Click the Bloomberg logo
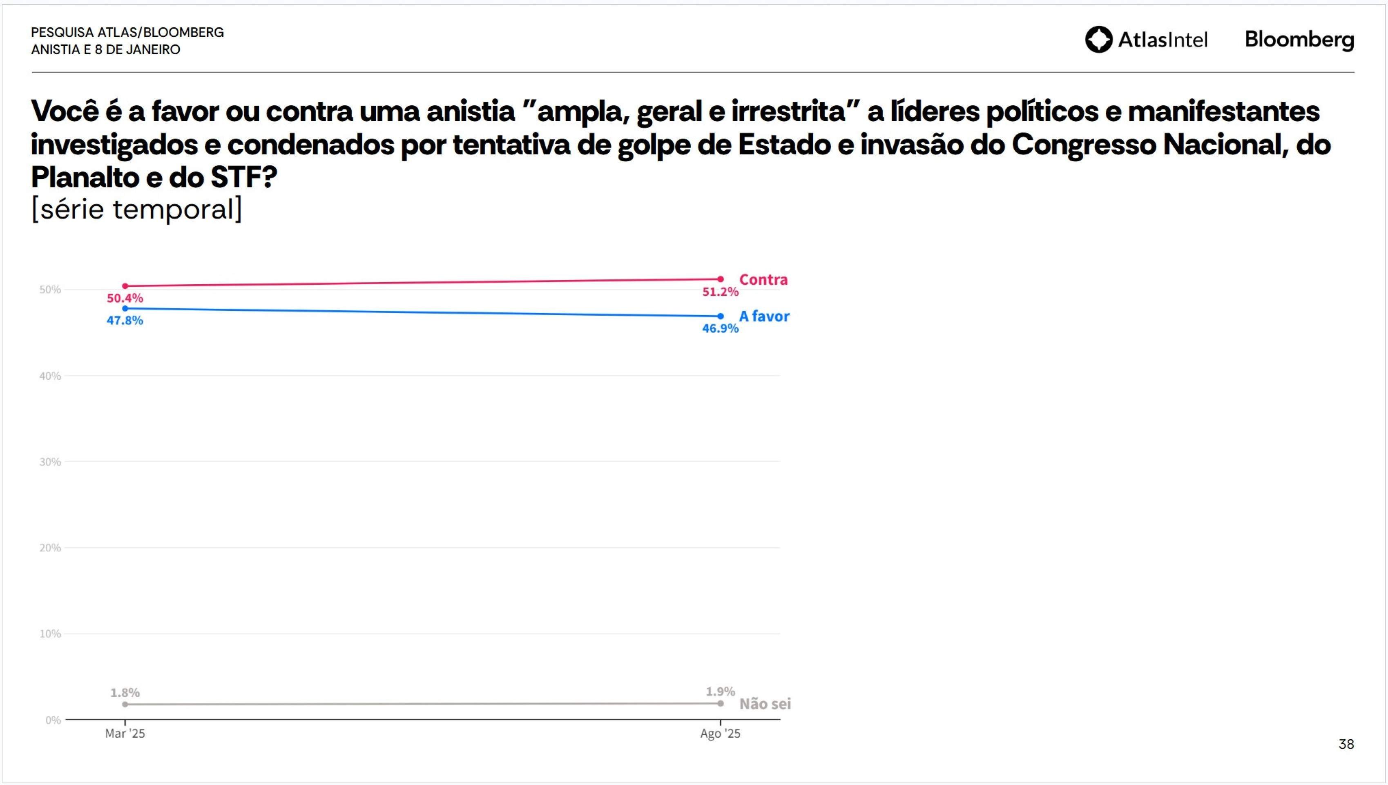pos(1299,40)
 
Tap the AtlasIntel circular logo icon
pos(1098,39)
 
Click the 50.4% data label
pos(125,298)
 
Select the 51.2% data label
pos(720,292)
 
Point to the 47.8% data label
pos(125,320)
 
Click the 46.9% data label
pos(720,328)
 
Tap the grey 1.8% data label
pos(125,692)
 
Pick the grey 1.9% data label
pos(720,691)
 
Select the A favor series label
pos(764,317)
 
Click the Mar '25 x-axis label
pos(125,734)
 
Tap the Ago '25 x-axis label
pos(720,734)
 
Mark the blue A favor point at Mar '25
pos(125,308)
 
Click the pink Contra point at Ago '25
pos(720,279)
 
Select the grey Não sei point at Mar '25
pos(125,704)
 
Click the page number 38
pos(1346,745)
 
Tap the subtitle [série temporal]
pos(136,209)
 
